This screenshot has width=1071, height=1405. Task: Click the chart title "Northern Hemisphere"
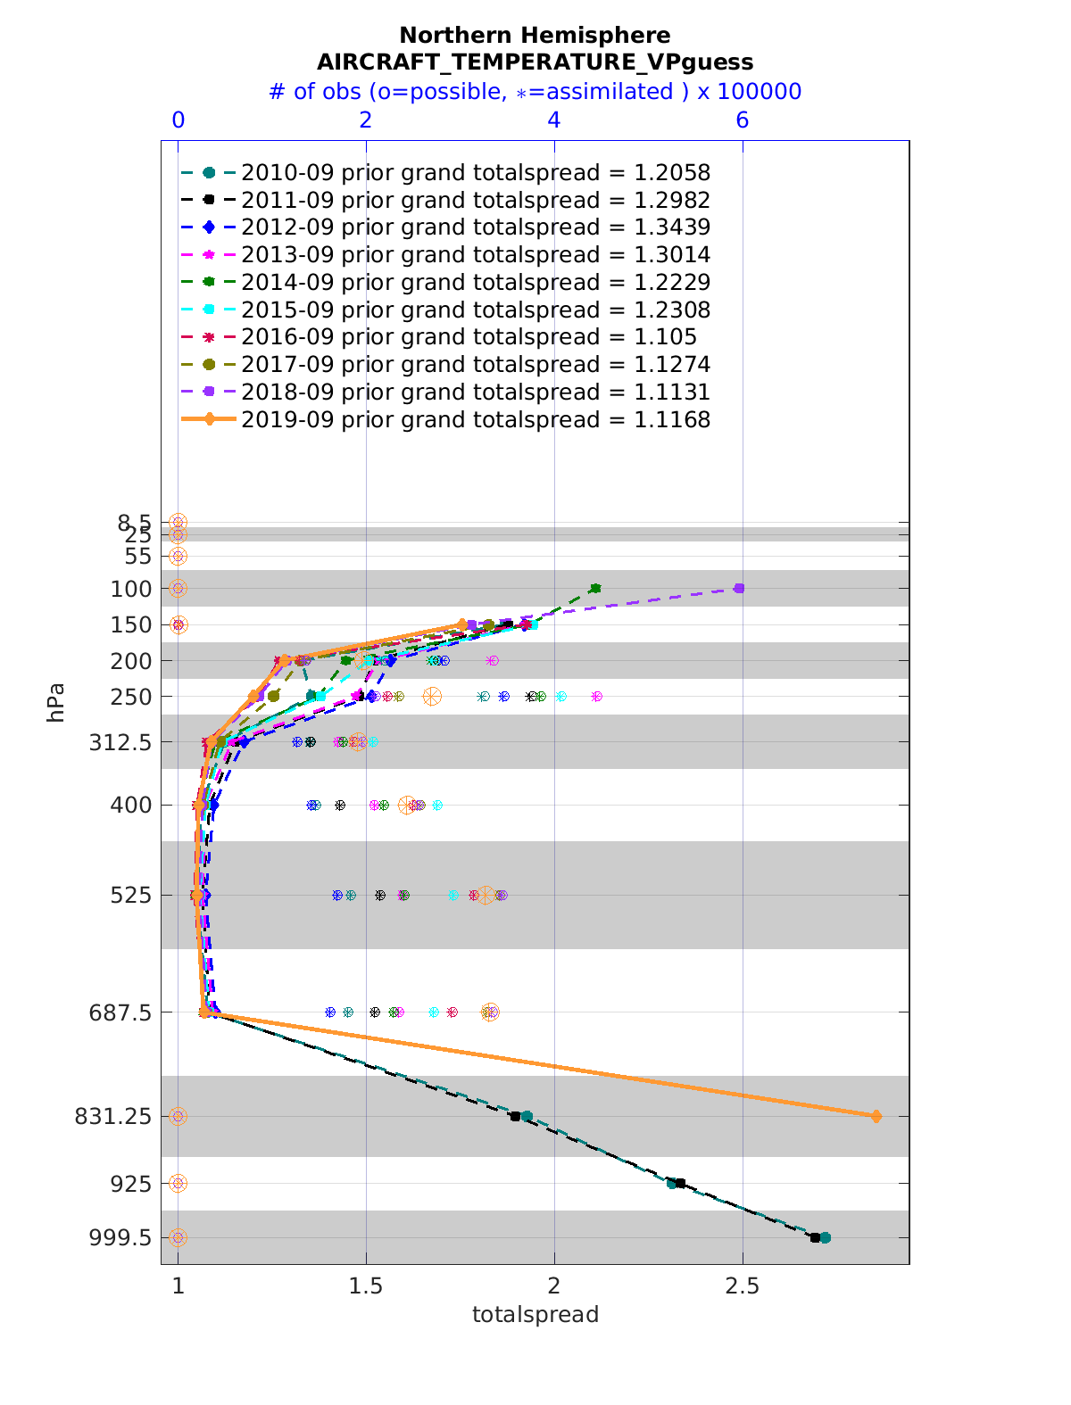535,36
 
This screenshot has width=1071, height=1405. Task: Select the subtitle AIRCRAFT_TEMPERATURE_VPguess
535,62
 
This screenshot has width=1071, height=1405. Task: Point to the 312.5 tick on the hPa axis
120,742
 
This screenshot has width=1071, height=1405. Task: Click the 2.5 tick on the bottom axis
742,1286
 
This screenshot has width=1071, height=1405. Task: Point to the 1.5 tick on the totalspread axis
366,1286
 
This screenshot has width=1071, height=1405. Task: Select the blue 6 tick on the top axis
742,120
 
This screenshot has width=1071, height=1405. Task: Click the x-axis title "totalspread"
535,1314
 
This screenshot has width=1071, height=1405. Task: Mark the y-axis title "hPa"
55,702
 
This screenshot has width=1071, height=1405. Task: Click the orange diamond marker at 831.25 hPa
876,1116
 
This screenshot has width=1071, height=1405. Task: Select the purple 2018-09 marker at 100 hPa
739,588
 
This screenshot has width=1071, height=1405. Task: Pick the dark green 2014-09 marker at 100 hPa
595,588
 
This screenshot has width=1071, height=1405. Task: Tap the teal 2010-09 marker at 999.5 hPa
826,1237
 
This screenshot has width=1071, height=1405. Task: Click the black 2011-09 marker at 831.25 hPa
515,1116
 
